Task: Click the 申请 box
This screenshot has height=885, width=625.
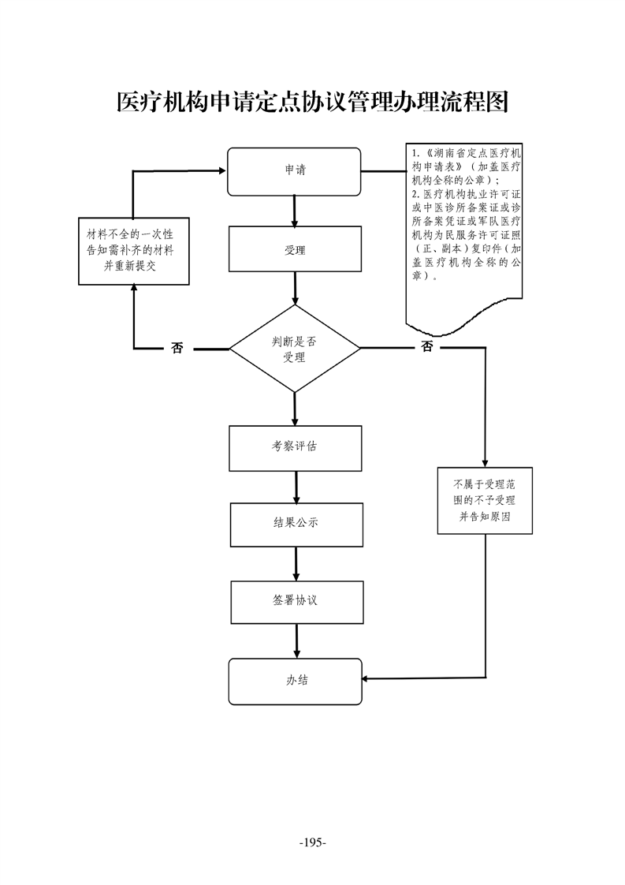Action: click(294, 171)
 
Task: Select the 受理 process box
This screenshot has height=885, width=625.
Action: click(294, 250)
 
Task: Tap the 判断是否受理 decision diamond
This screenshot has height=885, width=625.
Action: click(294, 349)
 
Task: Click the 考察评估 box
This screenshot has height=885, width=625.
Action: click(295, 447)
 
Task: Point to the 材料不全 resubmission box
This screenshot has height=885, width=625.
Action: click(133, 252)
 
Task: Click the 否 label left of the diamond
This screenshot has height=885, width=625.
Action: click(177, 348)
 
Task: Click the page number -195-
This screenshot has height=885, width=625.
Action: click(313, 843)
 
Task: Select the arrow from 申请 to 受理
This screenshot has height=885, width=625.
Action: click(294, 211)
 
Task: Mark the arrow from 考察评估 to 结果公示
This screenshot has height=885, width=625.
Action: click(296, 487)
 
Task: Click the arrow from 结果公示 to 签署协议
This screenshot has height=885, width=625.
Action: click(296, 564)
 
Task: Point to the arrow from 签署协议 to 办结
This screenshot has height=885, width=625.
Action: click(296, 640)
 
